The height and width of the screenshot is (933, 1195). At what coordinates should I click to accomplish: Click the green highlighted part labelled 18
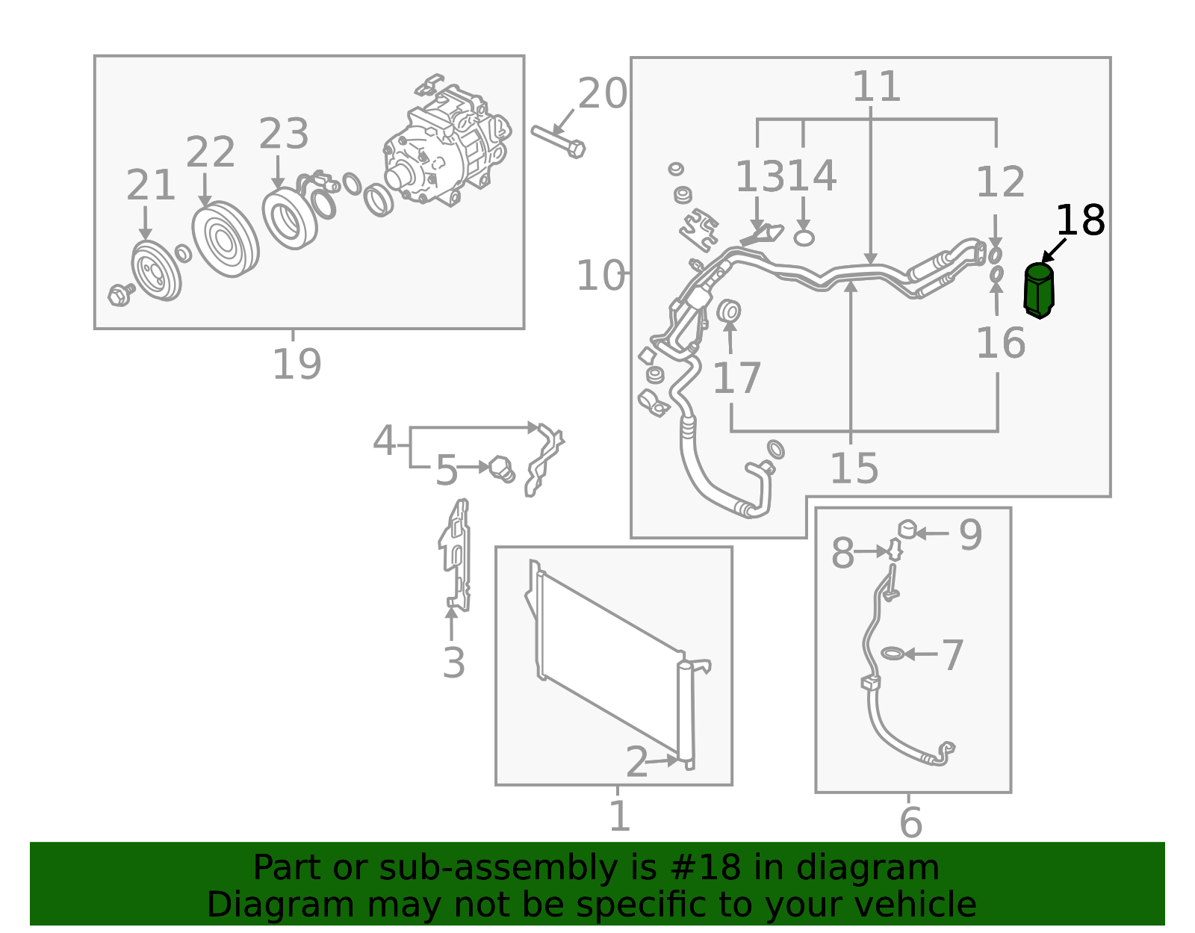click(1039, 291)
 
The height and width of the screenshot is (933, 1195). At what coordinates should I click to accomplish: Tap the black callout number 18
click(1080, 220)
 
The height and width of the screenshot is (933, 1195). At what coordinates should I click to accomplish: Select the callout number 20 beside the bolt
click(602, 93)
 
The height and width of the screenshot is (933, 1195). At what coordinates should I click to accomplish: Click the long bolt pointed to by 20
click(558, 141)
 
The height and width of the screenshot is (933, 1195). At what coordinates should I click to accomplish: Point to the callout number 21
click(151, 185)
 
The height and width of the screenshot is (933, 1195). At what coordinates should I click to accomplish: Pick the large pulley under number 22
click(226, 239)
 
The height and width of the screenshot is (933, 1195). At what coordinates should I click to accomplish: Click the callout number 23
click(284, 134)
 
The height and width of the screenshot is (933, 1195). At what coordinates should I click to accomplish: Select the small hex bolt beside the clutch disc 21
click(121, 295)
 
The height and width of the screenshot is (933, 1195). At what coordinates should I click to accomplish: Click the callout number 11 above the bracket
click(877, 87)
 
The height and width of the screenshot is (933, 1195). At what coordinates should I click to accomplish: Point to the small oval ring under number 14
click(804, 238)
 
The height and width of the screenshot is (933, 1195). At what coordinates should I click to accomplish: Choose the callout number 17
click(736, 378)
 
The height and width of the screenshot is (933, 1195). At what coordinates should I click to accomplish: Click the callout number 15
click(854, 468)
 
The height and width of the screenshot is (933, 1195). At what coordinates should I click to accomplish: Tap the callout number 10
click(600, 275)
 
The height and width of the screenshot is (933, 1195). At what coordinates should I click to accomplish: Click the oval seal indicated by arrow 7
click(893, 653)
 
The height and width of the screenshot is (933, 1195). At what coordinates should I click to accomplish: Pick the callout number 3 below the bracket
click(454, 663)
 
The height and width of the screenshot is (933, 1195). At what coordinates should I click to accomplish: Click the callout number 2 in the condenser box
click(637, 761)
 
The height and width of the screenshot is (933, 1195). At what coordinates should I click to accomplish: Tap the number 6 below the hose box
click(910, 822)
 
